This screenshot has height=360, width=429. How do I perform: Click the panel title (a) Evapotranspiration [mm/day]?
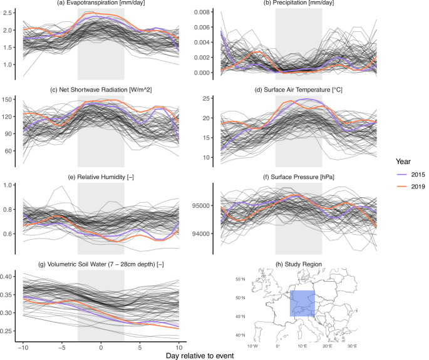[x=100, y=4]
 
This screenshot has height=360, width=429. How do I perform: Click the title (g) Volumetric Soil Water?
[x=100, y=264]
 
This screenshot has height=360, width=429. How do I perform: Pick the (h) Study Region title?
[x=298, y=264]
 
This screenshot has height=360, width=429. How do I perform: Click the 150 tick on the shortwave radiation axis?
[x=13, y=100]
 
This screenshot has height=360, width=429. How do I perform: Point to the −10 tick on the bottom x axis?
[x=23, y=346]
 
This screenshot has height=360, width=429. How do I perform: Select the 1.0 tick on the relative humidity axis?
[x=13, y=185]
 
